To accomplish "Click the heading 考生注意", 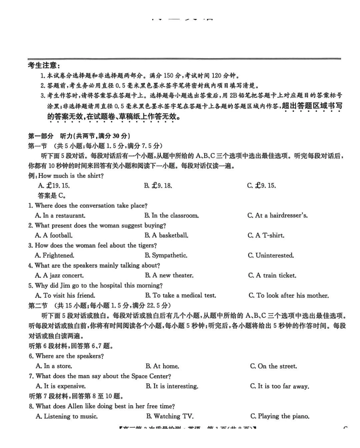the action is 43,66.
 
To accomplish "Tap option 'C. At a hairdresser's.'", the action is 277,215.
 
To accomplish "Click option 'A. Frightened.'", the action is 55,255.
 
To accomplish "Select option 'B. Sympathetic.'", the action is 166,255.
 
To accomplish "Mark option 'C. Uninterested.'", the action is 271,255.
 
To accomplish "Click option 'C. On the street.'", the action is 273,366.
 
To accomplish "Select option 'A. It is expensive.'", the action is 60,386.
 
